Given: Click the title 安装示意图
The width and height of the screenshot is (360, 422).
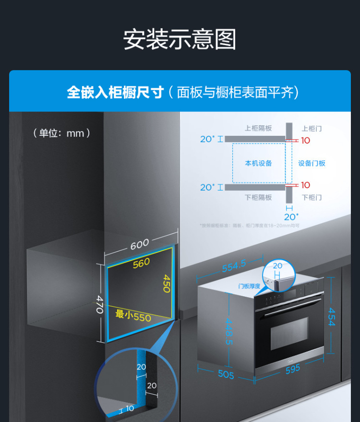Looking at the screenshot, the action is pyautogui.click(x=180, y=39).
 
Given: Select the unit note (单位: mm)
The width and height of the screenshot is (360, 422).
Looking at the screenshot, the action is pyautogui.click(x=62, y=133).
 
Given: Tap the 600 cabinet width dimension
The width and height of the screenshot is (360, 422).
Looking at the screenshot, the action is pyautogui.click(x=140, y=244).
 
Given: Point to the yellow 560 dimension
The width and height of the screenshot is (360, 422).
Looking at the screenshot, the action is pyautogui.click(x=141, y=263).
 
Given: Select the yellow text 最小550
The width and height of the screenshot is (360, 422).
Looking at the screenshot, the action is pyautogui.click(x=133, y=315).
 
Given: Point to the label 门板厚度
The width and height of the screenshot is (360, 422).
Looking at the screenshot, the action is pyautogui.click(x=249, y=286).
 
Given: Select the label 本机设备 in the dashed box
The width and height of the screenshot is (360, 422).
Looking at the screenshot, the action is pyautogui.click(x=258, y=163).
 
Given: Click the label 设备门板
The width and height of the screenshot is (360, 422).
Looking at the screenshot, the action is pyautogui.click(x=312, y=163).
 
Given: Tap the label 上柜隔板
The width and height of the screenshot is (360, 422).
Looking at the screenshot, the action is pyautogui.click(x=258, y=128).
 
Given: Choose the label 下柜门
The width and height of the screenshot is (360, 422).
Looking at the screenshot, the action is pyautogui.click(x=312, y=197).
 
